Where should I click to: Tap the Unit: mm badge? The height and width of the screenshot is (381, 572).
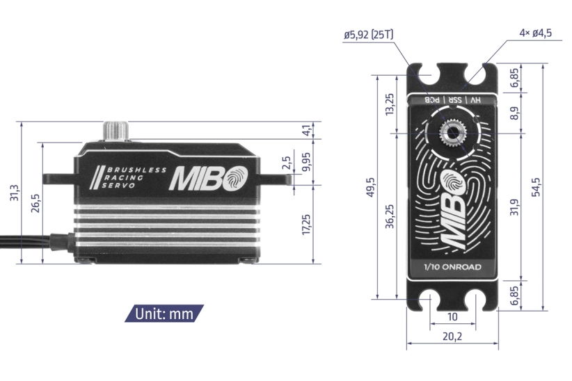click(164, 313)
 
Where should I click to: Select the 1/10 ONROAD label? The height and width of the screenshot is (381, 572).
click(452, 267)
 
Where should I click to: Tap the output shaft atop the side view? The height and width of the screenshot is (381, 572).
click(114, 131)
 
